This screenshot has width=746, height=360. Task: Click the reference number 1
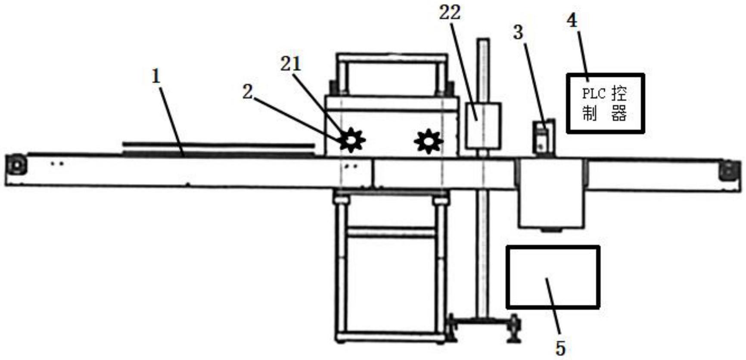[x=155, y=76]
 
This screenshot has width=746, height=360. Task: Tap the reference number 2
[x=247, y=92]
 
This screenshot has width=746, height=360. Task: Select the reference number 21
[x=291, y=64]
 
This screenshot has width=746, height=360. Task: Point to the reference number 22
[x=450, y=12]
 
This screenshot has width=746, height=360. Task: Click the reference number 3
[x=518, y=32]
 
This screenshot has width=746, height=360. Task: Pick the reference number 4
[x=572, y=20]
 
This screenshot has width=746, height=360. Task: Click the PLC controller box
[x=605, y=103]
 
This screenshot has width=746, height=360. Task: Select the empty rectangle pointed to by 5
[x=553, y=277]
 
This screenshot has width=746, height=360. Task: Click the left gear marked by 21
[x=352, y=140]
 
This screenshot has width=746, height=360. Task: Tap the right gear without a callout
[x=428, y=141]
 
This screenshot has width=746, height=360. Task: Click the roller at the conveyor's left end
[x=16, y=165]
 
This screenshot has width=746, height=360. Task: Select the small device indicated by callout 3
[x=544, y=137]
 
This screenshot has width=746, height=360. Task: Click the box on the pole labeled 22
[x=483, y=126]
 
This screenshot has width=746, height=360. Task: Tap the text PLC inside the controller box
[x=594, y=93]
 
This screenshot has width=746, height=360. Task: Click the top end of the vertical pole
[x=483, y=41]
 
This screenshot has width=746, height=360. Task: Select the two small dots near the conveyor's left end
[x=57, y=164]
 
